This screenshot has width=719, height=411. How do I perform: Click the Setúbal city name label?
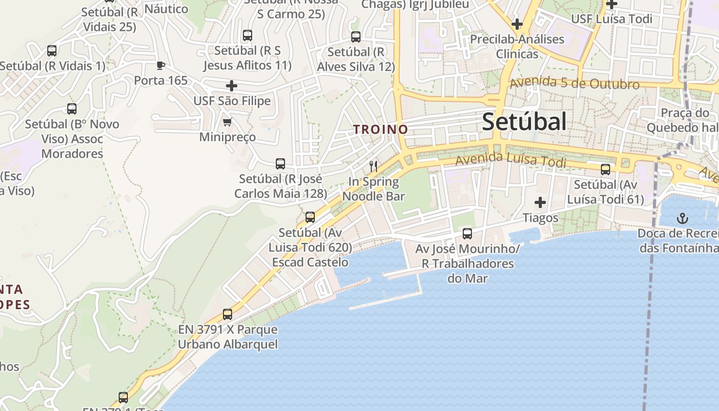click(524, 122)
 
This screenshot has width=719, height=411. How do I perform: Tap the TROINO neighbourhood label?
click(381, 129)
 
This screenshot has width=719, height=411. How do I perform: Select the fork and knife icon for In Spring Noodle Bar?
click(374, 166)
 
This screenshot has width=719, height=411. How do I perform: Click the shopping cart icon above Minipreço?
click(227, 122)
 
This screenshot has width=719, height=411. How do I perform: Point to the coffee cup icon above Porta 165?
click(161, 65)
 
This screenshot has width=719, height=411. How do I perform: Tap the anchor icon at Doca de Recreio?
click(682, 219)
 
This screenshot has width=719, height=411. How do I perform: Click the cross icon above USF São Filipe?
click(232, 85)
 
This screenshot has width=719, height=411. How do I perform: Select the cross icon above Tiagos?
click(540, 202)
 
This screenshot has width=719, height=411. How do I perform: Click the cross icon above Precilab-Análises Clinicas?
click(517, 24)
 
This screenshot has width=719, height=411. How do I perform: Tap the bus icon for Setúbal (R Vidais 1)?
click(52, 51)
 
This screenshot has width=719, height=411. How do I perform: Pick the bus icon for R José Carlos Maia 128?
click(280, 164)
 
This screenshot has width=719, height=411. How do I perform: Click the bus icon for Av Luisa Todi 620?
click(310, 217)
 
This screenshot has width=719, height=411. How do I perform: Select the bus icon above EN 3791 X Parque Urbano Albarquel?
click(228, 314)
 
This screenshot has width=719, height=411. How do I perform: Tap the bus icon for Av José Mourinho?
click(467, 234)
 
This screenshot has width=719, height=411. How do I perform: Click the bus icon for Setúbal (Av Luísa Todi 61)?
click(606, 169)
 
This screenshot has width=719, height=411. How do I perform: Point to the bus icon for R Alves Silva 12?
click(356, 37)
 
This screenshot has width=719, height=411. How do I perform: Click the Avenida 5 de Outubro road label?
click(575, 83)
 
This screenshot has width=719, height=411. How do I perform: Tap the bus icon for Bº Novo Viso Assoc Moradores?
click(72, 109)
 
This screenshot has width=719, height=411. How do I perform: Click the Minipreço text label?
click(228, 137)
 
